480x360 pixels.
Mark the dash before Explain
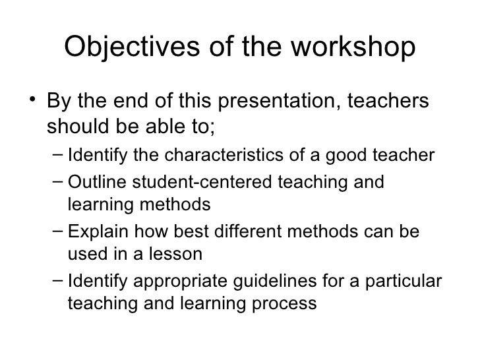(x=57, y=233)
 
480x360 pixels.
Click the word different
(x=236, y=233)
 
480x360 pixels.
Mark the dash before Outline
(x=57, y=181)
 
